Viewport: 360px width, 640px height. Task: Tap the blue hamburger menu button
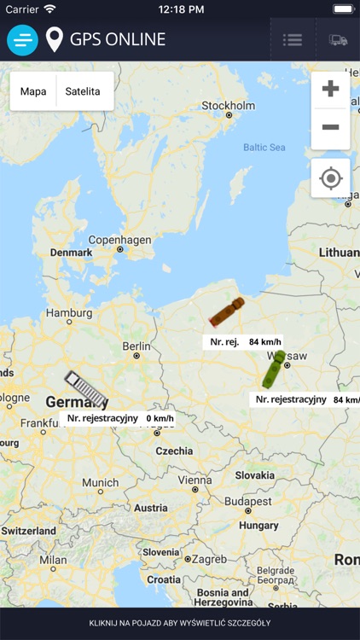(22, 39)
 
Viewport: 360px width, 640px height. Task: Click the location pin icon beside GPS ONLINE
(55, 39)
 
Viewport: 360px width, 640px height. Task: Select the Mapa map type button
(33, 91)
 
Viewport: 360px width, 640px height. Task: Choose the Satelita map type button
(83, 91)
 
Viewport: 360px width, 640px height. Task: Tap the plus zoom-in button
(330, 89)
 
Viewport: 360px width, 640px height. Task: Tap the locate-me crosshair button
(330, 178)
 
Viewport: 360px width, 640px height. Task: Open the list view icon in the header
(293, 39)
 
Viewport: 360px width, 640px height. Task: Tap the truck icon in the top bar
(338, 39)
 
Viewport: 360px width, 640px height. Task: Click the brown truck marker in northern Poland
(227, 312)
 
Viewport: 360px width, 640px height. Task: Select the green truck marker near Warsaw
(274, 369)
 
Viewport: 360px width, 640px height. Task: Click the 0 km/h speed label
(160, 419)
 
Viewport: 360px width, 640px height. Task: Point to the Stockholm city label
(228, 106)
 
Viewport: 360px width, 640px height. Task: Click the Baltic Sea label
(264, 147)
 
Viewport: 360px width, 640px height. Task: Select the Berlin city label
(136, 346)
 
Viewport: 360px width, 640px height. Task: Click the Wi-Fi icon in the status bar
(49, 9)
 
